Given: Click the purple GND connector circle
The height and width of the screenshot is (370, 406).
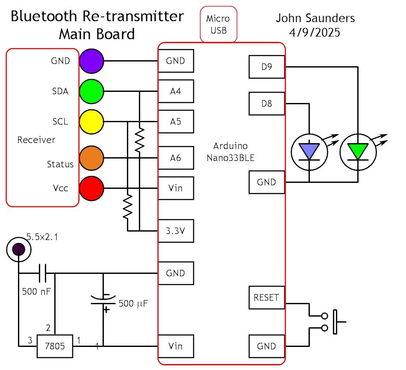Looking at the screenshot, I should point(91,61).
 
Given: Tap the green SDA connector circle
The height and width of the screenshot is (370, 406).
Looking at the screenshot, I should point(91,91).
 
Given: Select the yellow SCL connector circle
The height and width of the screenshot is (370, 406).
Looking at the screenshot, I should point(91,121).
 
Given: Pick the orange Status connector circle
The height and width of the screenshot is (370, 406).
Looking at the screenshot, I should point(91,158).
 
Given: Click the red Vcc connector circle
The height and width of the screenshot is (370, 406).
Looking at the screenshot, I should point(91,188).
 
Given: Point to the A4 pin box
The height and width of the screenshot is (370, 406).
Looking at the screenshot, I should point(176,91).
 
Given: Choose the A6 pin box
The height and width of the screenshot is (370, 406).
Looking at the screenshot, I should point(176,158).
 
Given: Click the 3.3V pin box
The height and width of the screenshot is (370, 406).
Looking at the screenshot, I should point(176,231).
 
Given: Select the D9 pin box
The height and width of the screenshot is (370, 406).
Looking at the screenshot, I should point(266,67).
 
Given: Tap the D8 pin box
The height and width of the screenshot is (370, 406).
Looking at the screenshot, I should point(266,103).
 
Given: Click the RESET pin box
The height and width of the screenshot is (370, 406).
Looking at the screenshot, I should point(266,297).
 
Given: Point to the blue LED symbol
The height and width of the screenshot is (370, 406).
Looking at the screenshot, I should point(309,152).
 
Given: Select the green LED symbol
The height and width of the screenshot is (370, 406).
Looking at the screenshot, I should point(358,152).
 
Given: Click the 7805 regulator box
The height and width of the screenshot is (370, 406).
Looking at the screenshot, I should point(54,346).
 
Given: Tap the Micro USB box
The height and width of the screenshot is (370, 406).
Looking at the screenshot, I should point(218,24).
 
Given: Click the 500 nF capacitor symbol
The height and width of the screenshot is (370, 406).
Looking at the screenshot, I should point(44,273).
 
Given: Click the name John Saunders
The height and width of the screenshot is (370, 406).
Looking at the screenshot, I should point(315,18).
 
